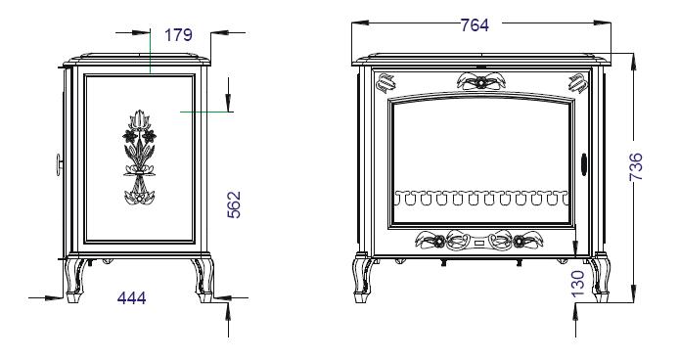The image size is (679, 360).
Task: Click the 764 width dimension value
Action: coord(475,25)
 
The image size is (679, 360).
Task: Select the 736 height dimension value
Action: coord(636,166)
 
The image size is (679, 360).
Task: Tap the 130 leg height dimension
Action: coord(578,284)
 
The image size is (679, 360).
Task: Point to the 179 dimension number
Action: coord(178,34)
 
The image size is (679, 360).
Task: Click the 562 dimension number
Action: coord(234,204)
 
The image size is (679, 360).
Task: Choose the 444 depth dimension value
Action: coord(132,298)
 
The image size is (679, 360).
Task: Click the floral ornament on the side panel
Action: coord(140,157)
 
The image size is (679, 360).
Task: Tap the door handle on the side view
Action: coord(60,164)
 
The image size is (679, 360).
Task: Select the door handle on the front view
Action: coord(584,164)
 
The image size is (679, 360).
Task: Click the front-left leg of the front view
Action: coord(362,278)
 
